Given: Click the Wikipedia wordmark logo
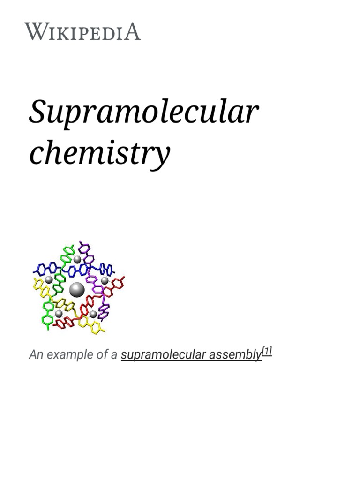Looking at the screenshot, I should click(82, 31).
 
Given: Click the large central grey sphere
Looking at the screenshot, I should click(77, 290).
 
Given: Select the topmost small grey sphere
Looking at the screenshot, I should click(77, 259).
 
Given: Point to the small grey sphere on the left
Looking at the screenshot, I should click(49, 279).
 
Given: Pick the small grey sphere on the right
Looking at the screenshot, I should click(105, 280).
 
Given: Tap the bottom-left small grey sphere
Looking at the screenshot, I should click(59, 313).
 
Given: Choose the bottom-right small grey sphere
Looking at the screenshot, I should click(93, 314).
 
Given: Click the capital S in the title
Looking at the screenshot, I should click(38, 113).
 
